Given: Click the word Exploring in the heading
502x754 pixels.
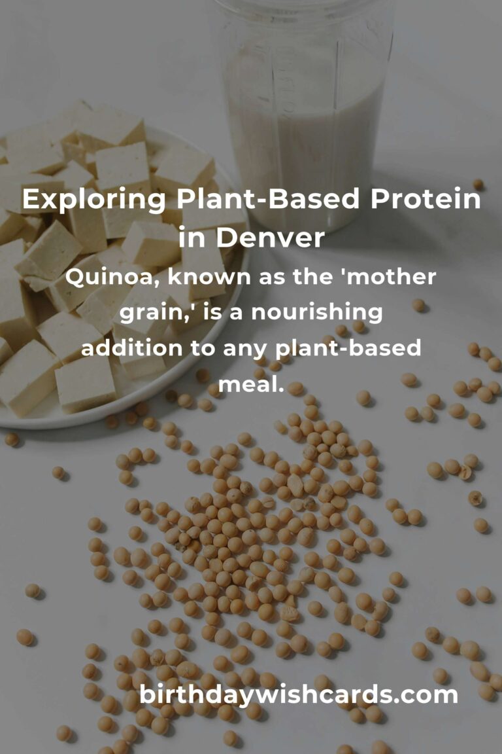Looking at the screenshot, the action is click(x=94, y=200).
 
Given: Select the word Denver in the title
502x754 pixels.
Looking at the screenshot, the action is click(x=271, y=237).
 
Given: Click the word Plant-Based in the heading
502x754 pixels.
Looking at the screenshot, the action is click(x=268, y=198).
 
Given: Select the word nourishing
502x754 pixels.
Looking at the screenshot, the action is click(x=317, y=314).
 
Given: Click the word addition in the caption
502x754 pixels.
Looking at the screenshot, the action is click(x=132, y=348).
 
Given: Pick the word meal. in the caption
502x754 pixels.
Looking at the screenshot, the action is click(x=251, y=384).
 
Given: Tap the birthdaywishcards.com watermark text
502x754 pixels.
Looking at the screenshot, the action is click(x=298, y=695).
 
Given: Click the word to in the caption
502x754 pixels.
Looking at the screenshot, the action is click(x=203, y=349).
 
